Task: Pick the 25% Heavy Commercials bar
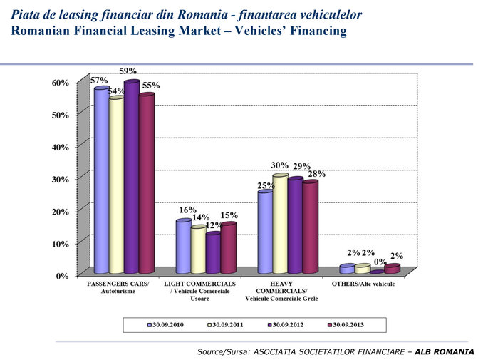click(265, 232)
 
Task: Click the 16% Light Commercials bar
click(183, 247)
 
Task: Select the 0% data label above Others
click(380, 262)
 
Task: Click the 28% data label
click(317, 173)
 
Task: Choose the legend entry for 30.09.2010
click(166, 324)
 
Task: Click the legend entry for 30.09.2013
click(347, 324)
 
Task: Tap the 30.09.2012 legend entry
click(287, 324)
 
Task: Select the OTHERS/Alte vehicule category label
click(363, 284)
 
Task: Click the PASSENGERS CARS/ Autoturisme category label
click(118, 288)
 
